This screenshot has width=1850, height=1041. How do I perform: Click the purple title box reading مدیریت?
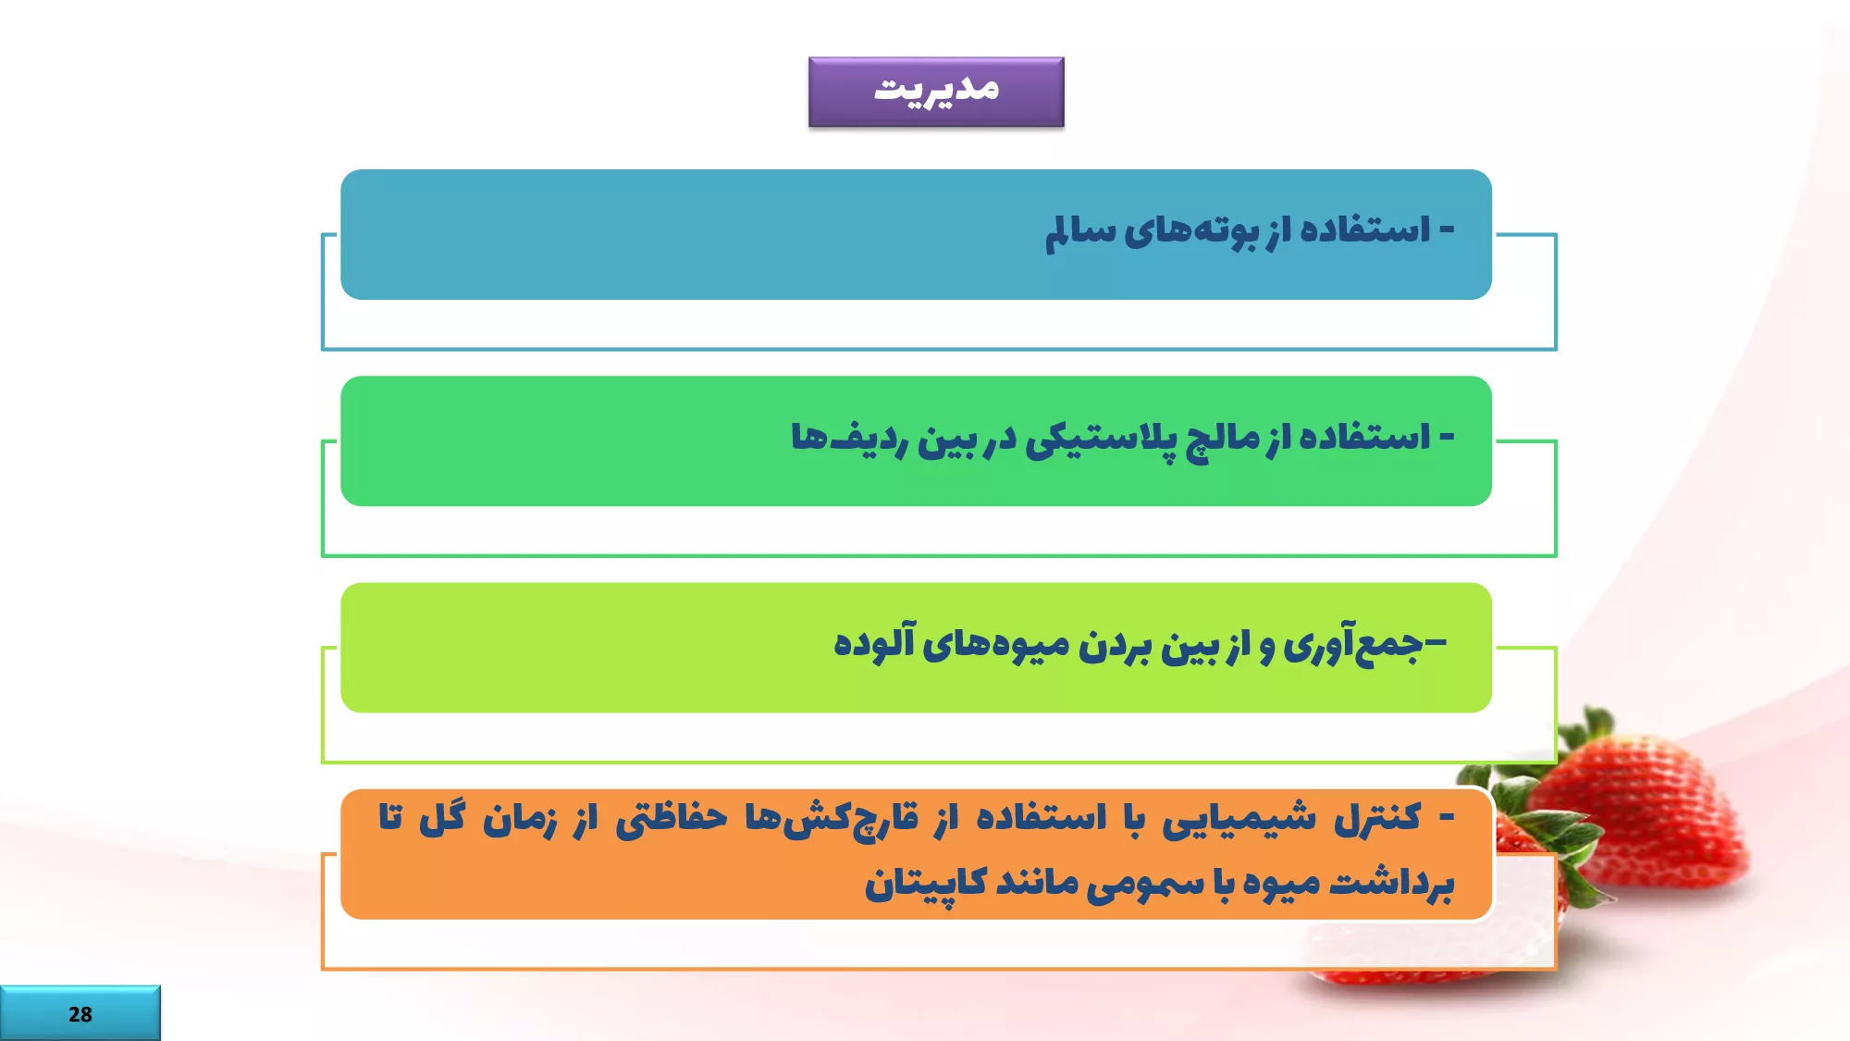tap(936, 92)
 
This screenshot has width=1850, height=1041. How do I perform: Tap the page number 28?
tap(80, 1014)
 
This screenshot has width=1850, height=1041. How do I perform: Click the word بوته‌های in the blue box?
tap(1191, 231)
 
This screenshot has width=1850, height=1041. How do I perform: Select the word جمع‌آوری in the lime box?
tap(1352, 644)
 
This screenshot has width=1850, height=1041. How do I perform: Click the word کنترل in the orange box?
tap(1376, 818)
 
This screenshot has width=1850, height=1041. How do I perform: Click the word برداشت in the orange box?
tap(1391, 883)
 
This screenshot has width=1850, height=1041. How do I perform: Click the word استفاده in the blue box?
tap(1365, 229)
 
